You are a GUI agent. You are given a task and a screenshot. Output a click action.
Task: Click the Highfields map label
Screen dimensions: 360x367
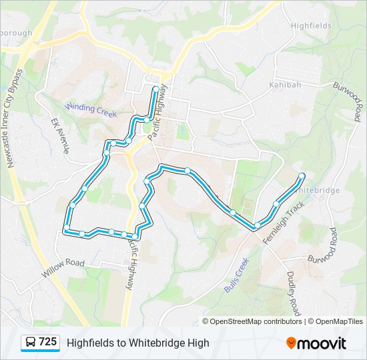click(310, 25)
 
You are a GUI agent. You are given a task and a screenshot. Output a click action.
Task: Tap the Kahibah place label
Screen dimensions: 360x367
click(286, 85)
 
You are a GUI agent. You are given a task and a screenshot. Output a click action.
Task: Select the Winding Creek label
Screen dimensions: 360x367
click(91, 108)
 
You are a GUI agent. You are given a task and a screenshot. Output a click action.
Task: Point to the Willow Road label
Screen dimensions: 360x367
click(63, 268)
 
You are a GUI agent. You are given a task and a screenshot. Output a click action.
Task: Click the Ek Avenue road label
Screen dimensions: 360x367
click(61, 136)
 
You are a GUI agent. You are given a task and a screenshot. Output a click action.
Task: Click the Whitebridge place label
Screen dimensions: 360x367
click(318, 190)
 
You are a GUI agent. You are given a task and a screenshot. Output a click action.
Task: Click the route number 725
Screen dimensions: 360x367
click(48, 342)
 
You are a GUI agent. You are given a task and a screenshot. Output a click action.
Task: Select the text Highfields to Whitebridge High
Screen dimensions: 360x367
click(137, 343)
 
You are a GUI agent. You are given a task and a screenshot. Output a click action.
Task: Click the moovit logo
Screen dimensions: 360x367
click(316, 343)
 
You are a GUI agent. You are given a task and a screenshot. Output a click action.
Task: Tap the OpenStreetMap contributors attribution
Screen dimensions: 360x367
click(256, 321)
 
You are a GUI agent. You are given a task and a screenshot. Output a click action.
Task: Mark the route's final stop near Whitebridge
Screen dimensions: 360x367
click(302, 176)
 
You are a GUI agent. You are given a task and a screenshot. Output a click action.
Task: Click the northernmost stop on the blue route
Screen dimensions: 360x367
click(156, 89)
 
